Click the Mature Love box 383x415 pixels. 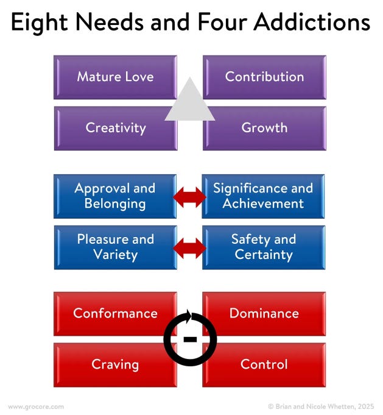pyautogui.click(x=115, y=77)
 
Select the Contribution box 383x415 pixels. pyautogui.click(x=264, y=77)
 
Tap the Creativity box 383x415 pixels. pyautogui.click(x=115, y=128)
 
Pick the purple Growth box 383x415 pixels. pyautogui.click(x=264, y=128)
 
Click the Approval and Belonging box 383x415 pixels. pyautogui.click(x=115, y=196)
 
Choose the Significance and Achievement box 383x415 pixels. pyautogui.click(x=264, y=196)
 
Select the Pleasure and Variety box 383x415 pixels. pyautogui.click(x=115, y=247)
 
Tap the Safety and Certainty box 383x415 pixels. pyautogui.click(x=264, y=247)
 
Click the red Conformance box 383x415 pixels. pyautogui.click(x=115, y=314)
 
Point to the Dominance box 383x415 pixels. pyautogui.click(x=264, y=314)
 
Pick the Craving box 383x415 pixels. pyautogui.click(x=115, y=365)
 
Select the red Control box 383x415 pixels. pyautogui.click(x=264, y=365)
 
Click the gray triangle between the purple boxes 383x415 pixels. pyautogui.click(x=190, y=102)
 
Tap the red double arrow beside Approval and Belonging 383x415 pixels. pyautogui.click(x=190, y=196)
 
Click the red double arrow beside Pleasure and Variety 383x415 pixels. pyautogui.click(x=190, y=247)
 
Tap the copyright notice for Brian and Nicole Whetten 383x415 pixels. pyautogui.click(x=321, y=406)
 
